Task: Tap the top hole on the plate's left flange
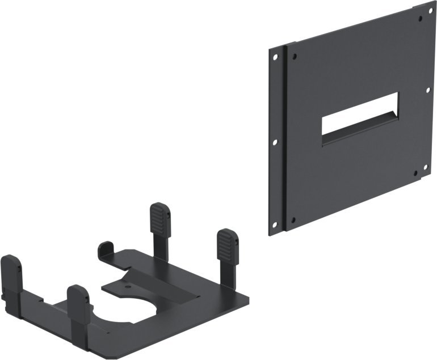click(275, 57)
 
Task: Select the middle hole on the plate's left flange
click(275, 143)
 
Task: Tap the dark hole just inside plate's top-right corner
click(421, 19)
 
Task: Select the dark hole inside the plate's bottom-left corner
click(293, 219)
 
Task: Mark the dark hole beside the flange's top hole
click(294, 55)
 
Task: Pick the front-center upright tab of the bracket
click(78, 300)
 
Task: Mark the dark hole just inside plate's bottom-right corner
click(415, 173)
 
